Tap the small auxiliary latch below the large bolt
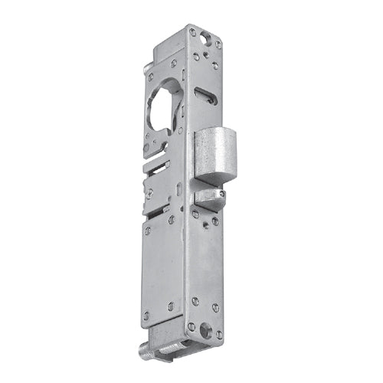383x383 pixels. (209, 200)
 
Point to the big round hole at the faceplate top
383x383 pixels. (203, 35)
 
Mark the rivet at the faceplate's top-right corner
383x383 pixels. (218, 44)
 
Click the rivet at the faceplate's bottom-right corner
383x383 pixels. (218, 335)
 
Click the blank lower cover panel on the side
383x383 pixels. (163, 268)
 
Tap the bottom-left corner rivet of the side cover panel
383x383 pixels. (146, 315)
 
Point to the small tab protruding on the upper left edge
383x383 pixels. (145, 70)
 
